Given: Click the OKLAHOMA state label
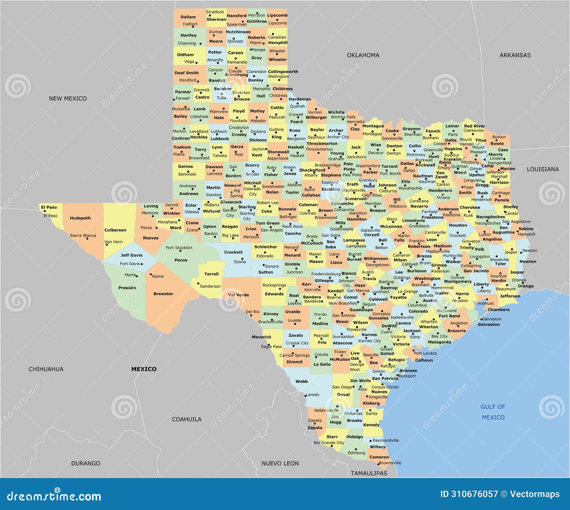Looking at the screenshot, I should click(x=363, y=55).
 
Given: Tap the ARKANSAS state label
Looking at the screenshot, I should click(x=515, y=55).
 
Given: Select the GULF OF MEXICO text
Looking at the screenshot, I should click(x=493, y=412).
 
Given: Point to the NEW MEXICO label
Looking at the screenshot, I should click(x=68, y=98).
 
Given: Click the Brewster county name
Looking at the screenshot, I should click(x=163, y=294).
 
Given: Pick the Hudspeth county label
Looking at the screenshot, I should click(x=80, y=218).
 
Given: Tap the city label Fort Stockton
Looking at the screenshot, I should click(x=179, y=248).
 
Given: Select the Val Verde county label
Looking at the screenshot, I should click(x=238, y=295).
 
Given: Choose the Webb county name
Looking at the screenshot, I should click(x=301, y=381).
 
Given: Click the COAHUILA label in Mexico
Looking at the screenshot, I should click(x=187, y=419).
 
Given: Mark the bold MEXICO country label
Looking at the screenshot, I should click(x=144, y=369).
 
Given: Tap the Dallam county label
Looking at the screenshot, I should click(x=188, y=17).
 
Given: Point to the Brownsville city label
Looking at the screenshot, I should click(x=390, y=463).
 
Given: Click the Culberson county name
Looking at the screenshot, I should click(x=115, y=230).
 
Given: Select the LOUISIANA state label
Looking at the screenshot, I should click(x=543, y=169).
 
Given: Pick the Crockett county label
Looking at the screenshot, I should click(x=233, y=252).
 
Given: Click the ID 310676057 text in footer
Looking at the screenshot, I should click(x=469, y=494).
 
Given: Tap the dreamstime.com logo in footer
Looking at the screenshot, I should click(x=54, y=496).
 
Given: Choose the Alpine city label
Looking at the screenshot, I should click(x=158, y=276).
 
